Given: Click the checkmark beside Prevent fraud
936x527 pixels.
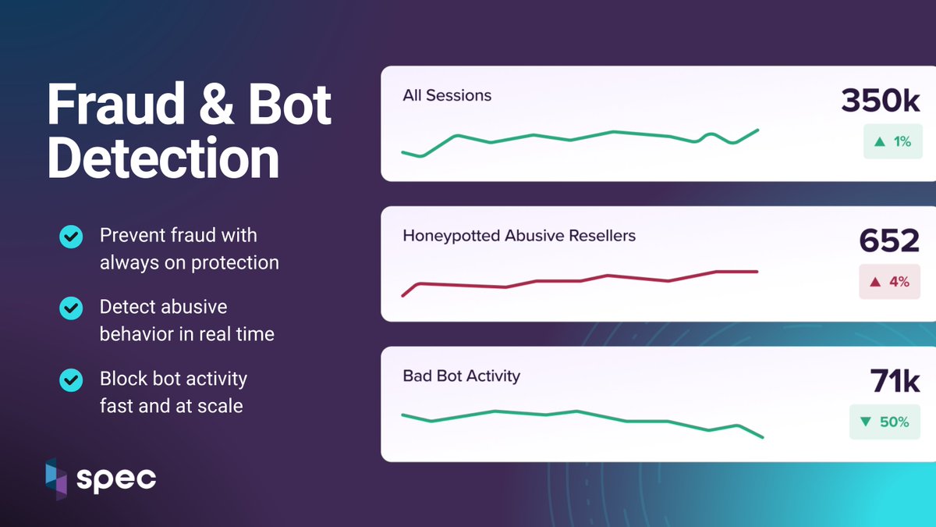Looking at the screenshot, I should (71, 236).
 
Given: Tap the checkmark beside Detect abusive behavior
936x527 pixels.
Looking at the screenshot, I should (71, 308).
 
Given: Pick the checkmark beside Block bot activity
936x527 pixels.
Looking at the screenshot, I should (71, 380).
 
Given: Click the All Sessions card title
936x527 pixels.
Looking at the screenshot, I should (447, 96).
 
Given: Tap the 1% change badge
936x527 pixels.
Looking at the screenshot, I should (892, 142).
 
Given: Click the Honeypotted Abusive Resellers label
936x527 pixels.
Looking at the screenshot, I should (519, 235).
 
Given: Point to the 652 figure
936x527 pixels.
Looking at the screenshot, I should (889, 241).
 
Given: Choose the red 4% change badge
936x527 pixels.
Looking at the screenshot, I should (889, 282).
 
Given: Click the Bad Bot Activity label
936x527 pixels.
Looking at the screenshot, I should (461, 376).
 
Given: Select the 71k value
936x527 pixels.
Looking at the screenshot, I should (895, 381).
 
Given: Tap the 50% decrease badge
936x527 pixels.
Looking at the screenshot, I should (884, 422).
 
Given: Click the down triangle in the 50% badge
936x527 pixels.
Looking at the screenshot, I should (865, 422).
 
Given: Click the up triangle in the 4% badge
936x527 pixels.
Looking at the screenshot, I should (875, 282).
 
